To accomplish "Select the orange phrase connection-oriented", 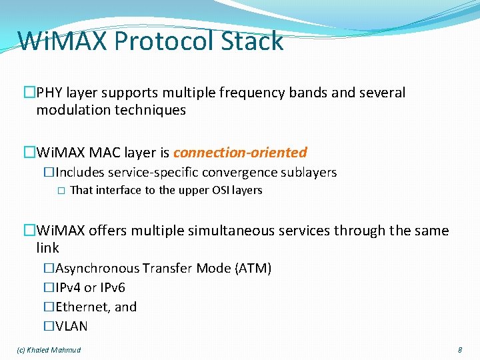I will click(240, 152).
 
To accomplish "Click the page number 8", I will click(460, 350).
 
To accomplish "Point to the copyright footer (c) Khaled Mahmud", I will click(49, 350).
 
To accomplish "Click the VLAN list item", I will click(71, 326).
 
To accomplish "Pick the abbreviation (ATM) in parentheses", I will click(253, 268).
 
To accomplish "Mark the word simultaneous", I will click(231, 231).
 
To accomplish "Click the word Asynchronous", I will click(97, 268).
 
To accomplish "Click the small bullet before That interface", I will click(60, 191).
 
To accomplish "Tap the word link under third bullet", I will click(47, 248).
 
